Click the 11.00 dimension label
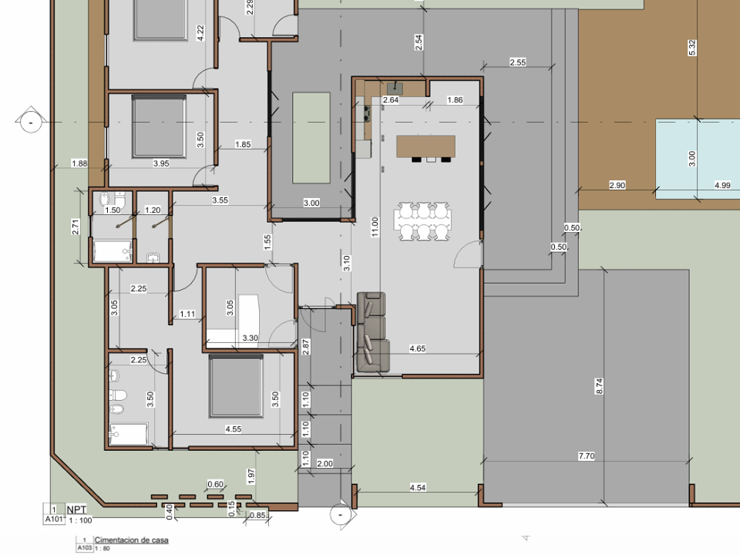click(x=375, y=227)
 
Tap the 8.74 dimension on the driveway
click(x=600, y=386)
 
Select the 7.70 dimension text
click(x=586, y=456)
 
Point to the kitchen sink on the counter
click(x=395, y=88)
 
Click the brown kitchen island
click(x=426, y=146)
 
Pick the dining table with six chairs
click(x=423, y=221)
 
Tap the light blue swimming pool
click(x=698, y=159)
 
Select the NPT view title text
click(x=76, y=510)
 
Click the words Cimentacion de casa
click(x=131, y=540)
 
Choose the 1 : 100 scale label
click(x=80, y=520)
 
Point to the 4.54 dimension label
click(x=418, y=487)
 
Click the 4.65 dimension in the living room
click(x=417, y=348)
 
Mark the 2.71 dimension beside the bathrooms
click(x=76, y=227)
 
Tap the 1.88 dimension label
click(x=79, y=163)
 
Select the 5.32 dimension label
click(x=692, y=48)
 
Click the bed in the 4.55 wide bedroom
click(x=236, y=386)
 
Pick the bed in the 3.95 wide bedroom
click(x=159, y=126)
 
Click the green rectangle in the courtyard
click(x=311, y=138)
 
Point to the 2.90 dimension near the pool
click(x=617, y=185)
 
